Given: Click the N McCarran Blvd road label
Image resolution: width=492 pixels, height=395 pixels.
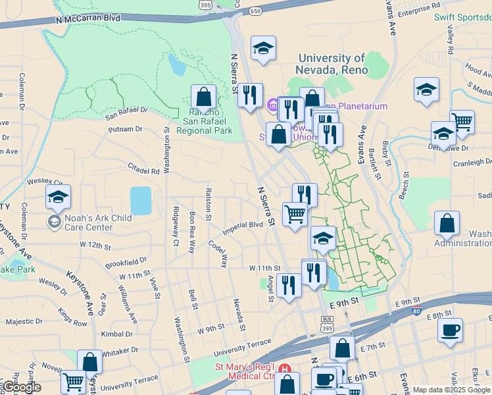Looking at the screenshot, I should [88, 18].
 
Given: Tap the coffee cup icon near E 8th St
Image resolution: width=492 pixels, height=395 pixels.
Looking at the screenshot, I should [450, 330].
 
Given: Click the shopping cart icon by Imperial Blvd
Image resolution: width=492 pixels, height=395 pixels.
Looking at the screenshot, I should [295, 214].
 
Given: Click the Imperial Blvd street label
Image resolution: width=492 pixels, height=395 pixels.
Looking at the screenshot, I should [243, 224].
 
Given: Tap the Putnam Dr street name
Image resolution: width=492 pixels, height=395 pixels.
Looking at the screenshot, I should [124, 129].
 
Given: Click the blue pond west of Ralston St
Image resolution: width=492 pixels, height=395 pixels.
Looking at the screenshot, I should [141, 200].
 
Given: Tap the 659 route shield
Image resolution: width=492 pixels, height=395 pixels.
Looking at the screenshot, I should [256, 11].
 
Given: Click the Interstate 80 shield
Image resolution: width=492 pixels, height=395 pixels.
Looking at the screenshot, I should [417, 309].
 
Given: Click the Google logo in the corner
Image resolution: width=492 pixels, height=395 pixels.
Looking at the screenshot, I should [21, 388].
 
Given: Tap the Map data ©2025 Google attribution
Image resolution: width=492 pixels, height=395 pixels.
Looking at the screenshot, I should [451, 390].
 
